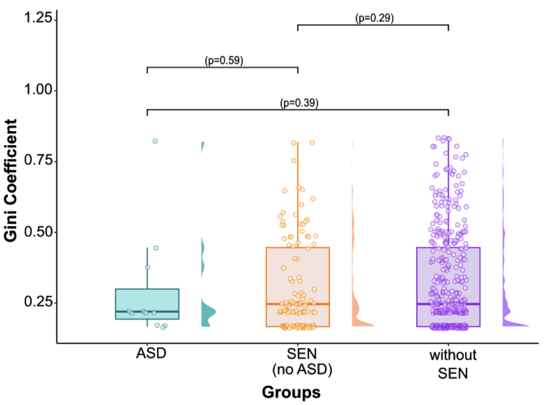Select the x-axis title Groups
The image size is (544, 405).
[291, 392]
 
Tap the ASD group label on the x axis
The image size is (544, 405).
[151, 354]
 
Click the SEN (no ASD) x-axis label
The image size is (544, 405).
[302, 362]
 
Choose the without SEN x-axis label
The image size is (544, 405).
[453, 364]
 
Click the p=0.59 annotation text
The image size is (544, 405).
[224, 61]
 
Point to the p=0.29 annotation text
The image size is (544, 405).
[374, 18]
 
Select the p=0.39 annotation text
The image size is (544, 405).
[299, 103]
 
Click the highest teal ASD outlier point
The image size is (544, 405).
[155, 141]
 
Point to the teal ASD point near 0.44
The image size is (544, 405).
[156, 248]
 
